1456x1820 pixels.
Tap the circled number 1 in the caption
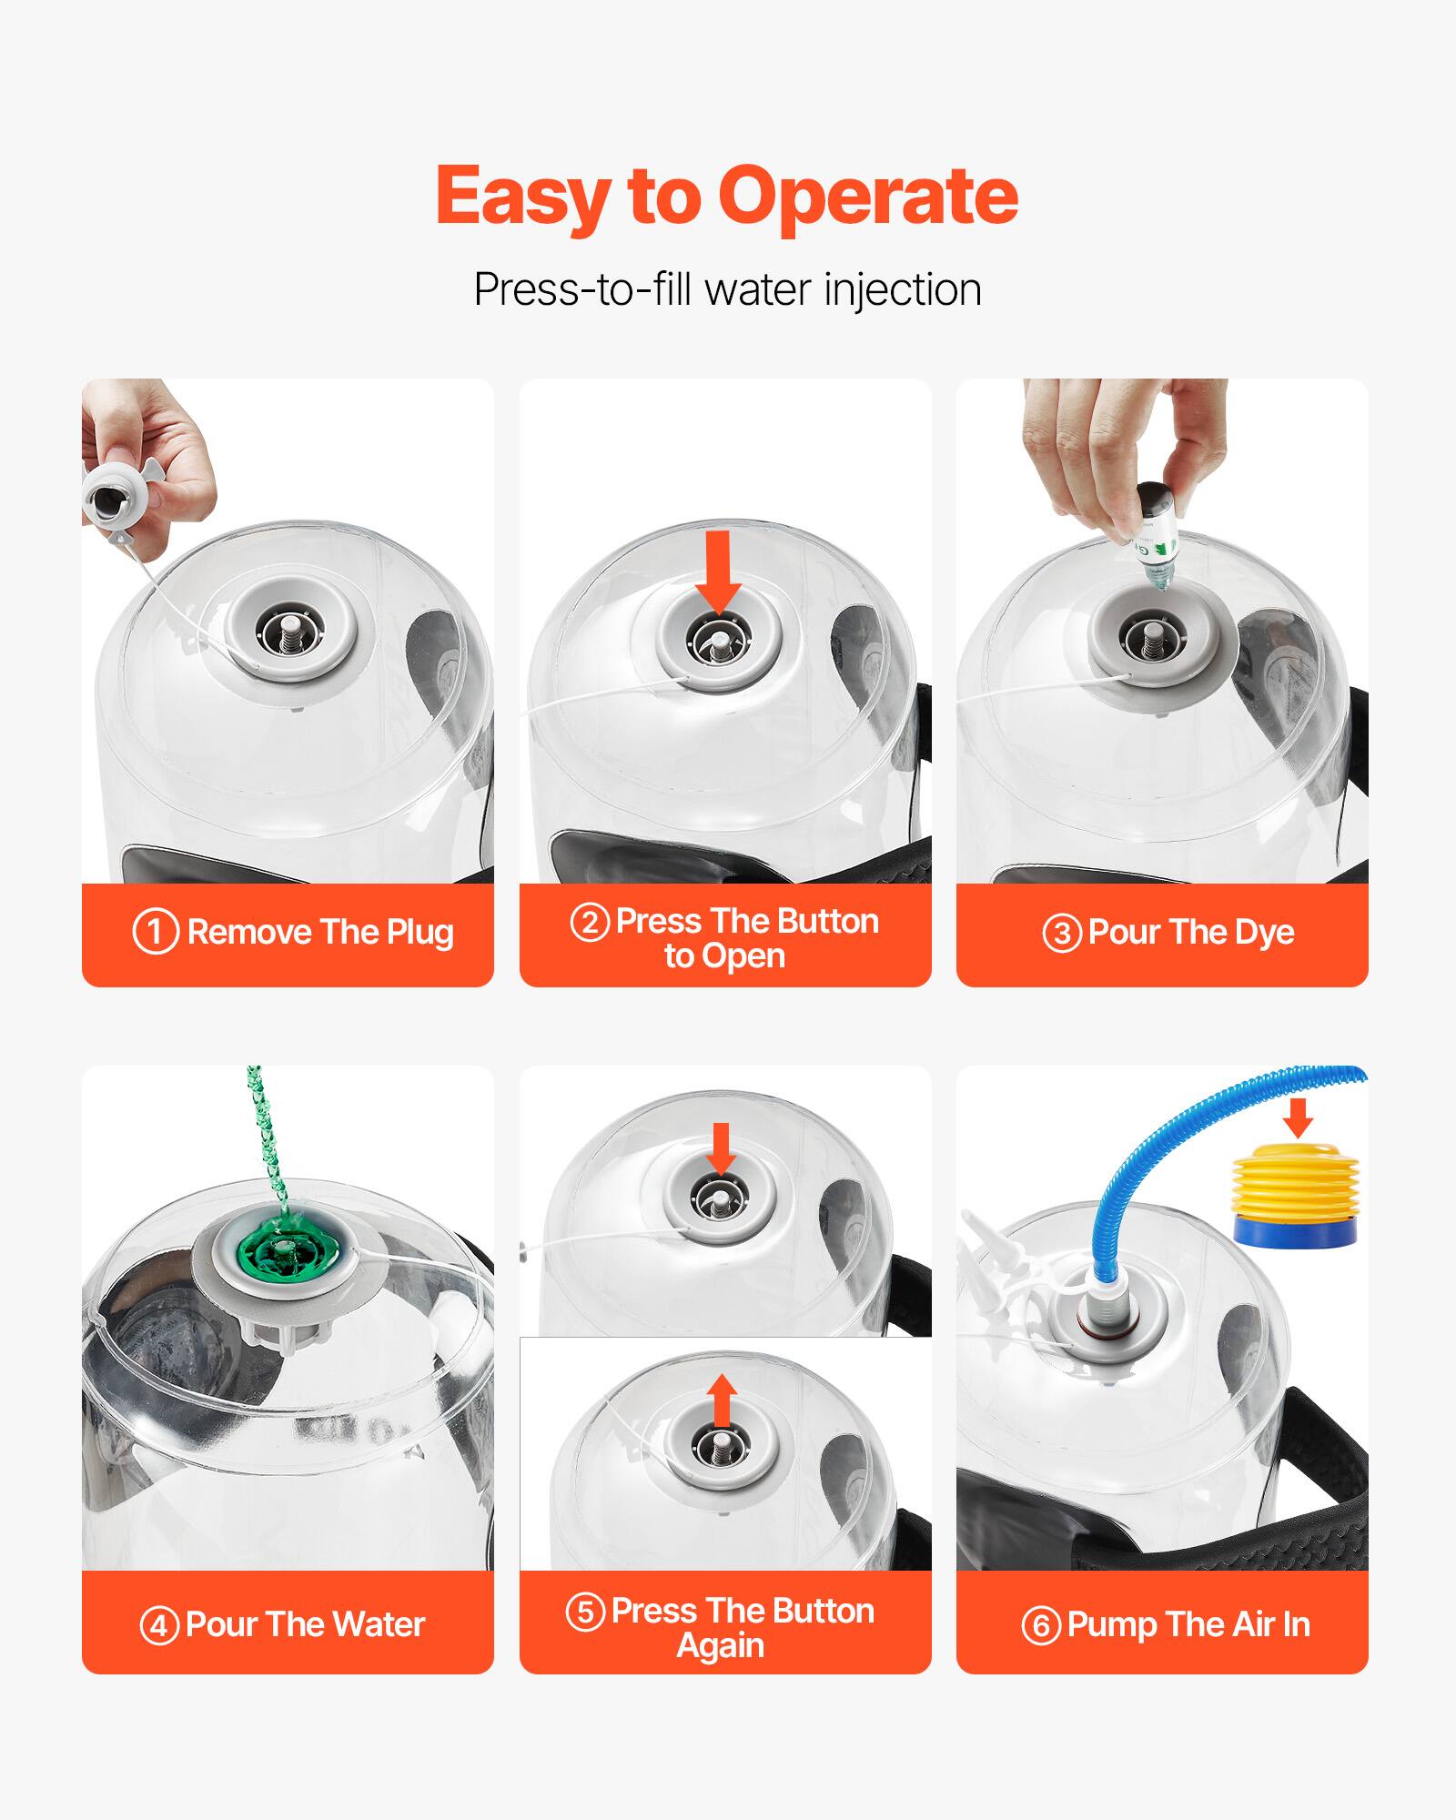click(156, 932)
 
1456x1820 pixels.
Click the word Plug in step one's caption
click(420, 933)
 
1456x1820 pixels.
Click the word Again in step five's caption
click(721, 1645)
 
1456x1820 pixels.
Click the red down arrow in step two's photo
click(718, 570)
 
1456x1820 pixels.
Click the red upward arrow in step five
click(722, 1400)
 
